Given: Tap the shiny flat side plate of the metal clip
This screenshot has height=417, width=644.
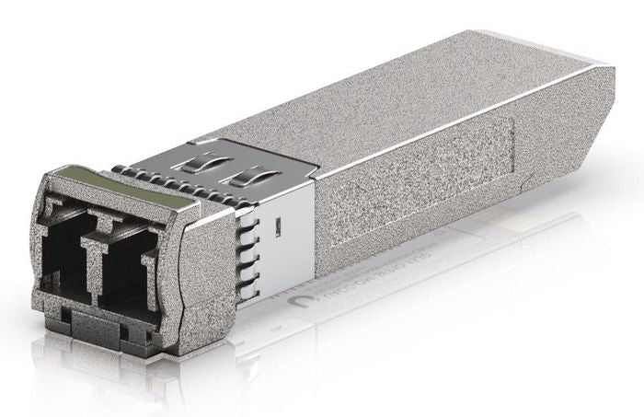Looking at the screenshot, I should [x=285, y=249].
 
